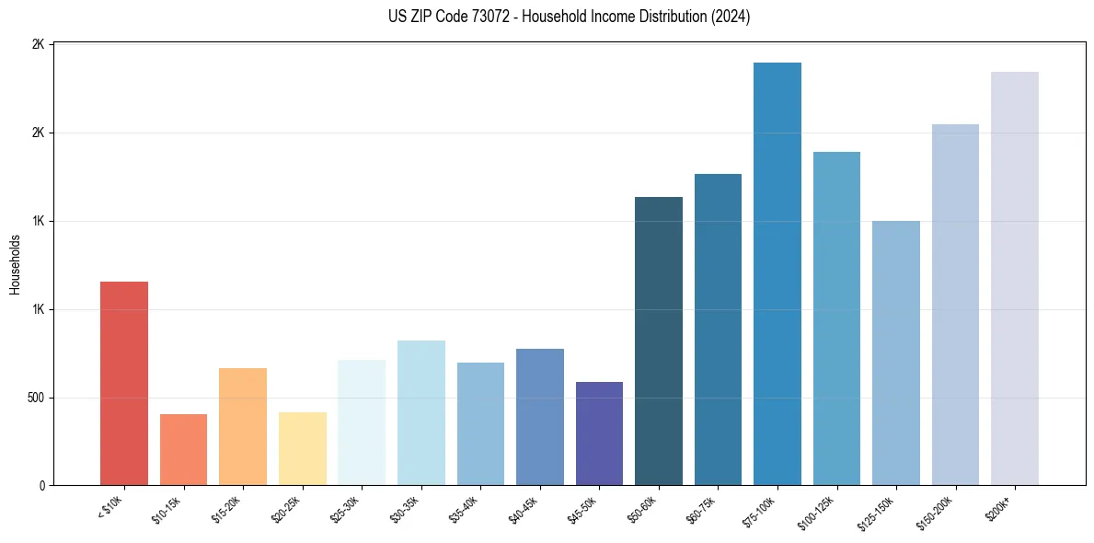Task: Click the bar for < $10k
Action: pos(123,384)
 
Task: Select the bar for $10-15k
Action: pos(183,450)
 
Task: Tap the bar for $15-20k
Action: pos(243,427)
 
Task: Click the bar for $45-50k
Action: pos(599,433)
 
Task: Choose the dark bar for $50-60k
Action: pos(659,341)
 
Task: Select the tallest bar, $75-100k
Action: pos(777,274)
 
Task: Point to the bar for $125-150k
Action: pos(896,353)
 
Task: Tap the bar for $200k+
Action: pos(1015,279)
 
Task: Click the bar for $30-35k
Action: pos(420,413)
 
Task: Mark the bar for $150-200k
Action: pos(955,305)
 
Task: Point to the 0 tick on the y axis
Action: pos(42,486)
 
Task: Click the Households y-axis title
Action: pos(15,264)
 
